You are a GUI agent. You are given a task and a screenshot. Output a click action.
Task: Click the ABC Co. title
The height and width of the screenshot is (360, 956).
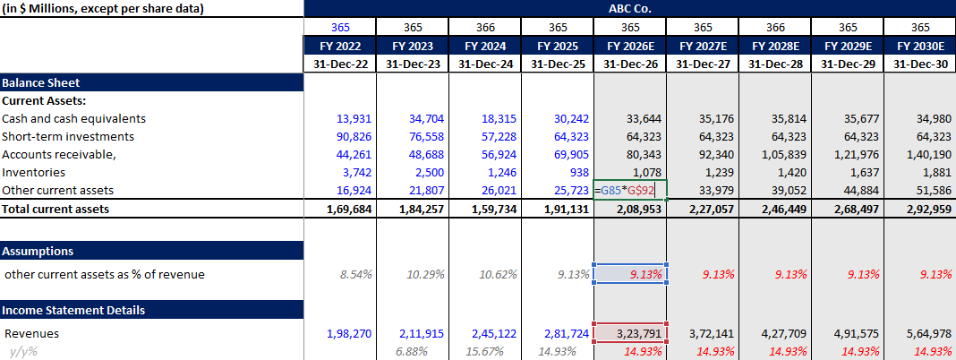629,8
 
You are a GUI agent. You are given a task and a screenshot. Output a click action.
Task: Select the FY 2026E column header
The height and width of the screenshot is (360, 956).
630,45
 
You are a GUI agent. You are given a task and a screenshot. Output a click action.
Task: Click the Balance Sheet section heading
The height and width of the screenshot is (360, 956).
41,82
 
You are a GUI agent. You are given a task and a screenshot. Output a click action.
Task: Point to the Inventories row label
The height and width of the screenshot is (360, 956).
33,172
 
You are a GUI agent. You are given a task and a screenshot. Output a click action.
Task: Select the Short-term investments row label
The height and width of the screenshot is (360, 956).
68,136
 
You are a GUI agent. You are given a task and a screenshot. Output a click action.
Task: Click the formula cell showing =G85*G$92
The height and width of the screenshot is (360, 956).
630,190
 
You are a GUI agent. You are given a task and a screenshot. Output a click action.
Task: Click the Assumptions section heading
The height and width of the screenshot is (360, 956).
38,251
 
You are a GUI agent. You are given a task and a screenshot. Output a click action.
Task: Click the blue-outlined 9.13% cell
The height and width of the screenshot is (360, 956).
630,274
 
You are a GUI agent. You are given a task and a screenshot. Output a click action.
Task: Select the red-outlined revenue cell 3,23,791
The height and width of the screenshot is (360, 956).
630,333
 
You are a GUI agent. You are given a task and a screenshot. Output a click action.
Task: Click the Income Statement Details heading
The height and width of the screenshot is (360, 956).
73,310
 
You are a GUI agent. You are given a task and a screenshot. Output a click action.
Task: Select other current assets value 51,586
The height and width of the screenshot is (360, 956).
931,190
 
